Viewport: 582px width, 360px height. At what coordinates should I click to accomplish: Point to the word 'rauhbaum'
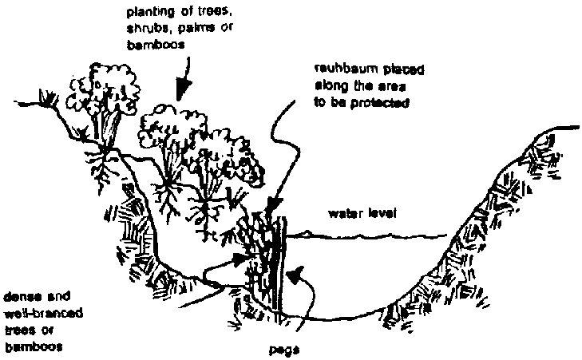[x=334, y=67]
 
